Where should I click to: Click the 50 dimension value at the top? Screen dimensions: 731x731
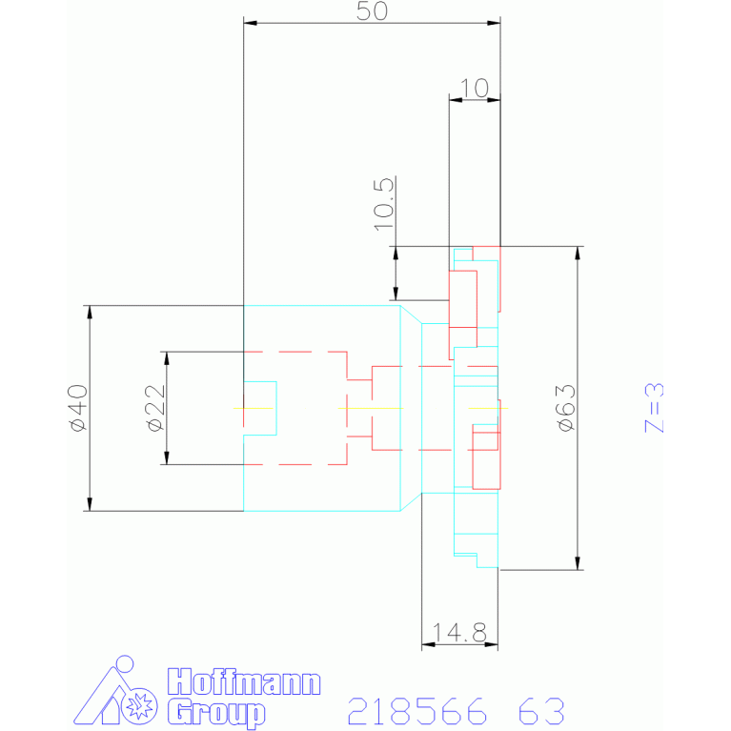click(x=372, y=10)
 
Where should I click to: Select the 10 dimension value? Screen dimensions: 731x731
click(x=474, y=88)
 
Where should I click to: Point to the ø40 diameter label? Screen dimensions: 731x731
click(x=77, y=408)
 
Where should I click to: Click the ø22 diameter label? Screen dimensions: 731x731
click(x=154, y=408)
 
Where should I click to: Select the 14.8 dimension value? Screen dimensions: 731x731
click(x=459, y=632)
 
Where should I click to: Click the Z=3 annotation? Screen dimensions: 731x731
click(x=654, y=409)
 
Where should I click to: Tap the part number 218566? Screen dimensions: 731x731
click(x=418, y=711)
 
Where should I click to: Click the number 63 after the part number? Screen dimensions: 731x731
click(x=541, y=711)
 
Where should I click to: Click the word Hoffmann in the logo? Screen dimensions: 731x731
click(x=244, y=682)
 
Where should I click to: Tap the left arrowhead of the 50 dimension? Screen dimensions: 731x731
click(x=250, y=23)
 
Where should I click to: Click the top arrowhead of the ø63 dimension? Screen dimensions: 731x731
click(x=577, y=254)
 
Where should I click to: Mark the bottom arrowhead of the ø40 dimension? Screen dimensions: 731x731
click(x=90, y=504)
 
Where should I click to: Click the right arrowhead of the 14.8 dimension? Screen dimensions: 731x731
click(x=492, y=644)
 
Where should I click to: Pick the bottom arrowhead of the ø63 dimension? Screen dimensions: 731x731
click(x=577, y=563)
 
